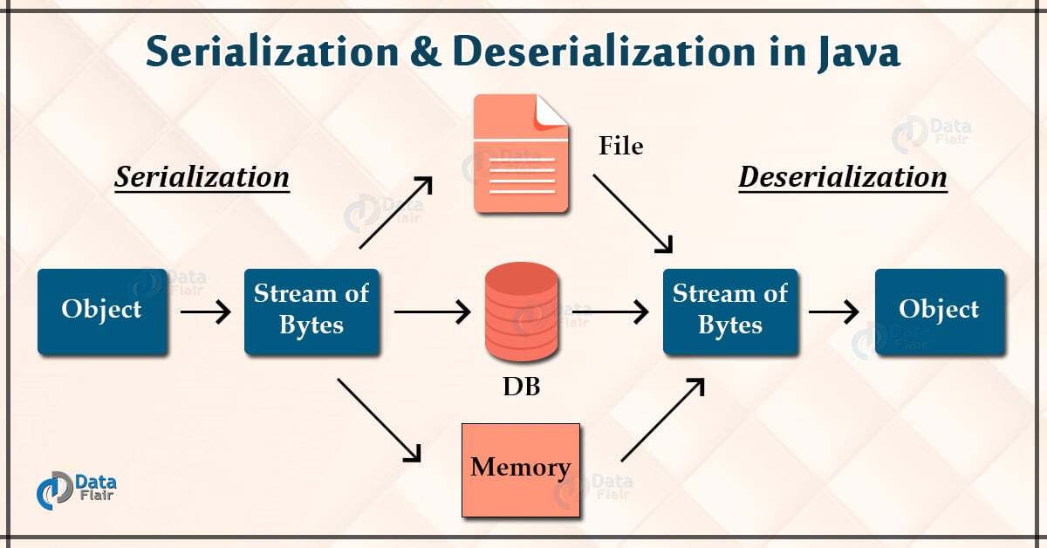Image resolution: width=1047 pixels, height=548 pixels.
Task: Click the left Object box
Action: [102, 311]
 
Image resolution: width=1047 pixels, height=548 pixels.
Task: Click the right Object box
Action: [940, 311]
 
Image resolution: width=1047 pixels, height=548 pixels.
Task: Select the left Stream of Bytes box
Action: [311, 311]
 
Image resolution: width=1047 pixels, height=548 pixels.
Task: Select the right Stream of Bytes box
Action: [730, 311]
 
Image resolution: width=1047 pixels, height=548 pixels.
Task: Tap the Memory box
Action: [521, 468]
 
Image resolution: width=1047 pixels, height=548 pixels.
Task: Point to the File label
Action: [620, 146]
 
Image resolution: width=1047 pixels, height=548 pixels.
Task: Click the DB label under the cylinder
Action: [521, 386]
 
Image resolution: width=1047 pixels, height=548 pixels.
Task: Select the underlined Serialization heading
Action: [202, 178]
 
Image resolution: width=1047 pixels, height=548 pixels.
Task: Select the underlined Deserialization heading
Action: [843, 178]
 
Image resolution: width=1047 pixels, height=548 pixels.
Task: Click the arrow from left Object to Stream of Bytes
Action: [205, 311]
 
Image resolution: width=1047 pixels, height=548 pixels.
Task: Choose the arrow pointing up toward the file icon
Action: [395, 212]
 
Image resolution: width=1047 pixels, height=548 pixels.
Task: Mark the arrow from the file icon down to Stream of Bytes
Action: [634, 212]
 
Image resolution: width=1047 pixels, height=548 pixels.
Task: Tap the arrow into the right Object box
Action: [836, 311]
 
